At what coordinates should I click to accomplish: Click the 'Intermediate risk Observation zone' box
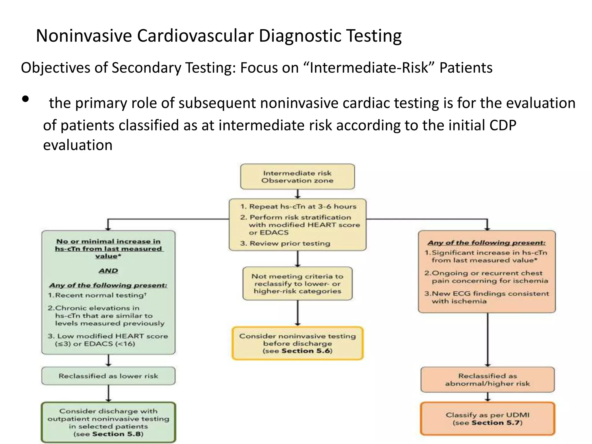297,177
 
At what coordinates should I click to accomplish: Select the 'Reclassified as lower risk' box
108,376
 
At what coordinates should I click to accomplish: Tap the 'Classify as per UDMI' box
488,419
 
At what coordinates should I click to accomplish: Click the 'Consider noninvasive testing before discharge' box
297,343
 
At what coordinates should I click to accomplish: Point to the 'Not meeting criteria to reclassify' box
297,284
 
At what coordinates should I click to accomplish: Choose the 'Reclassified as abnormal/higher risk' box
488,380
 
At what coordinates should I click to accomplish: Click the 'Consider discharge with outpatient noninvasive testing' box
108,422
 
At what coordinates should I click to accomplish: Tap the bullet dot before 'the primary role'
25,99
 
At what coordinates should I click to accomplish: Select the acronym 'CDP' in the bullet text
502,125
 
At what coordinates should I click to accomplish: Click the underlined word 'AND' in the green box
108,271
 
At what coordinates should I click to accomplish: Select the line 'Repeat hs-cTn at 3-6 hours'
302,206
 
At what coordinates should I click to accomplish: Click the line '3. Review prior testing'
285,243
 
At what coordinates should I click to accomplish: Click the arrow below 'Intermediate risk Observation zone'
297,194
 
